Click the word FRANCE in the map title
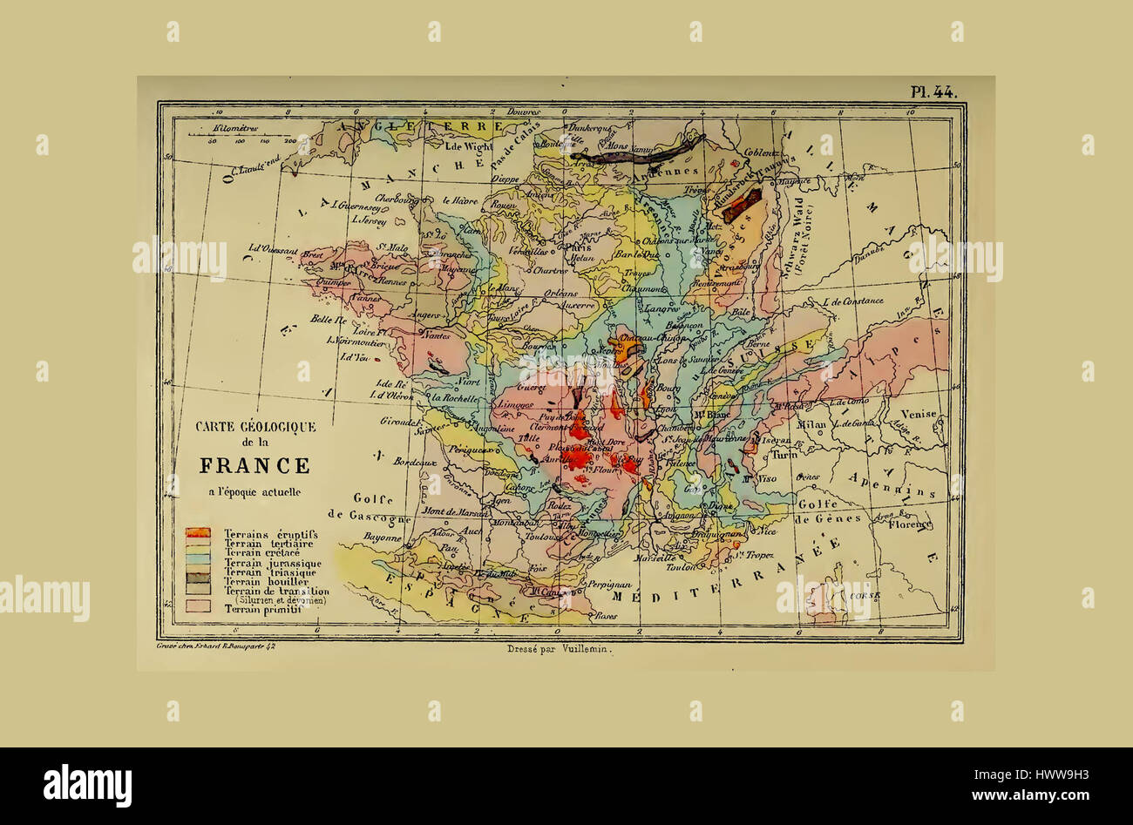(254, 465)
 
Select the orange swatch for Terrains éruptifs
(198, 532)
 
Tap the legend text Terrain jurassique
(272, 563)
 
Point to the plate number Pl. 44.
(933, 91)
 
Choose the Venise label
(919, 415)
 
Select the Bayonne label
(383, 538)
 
